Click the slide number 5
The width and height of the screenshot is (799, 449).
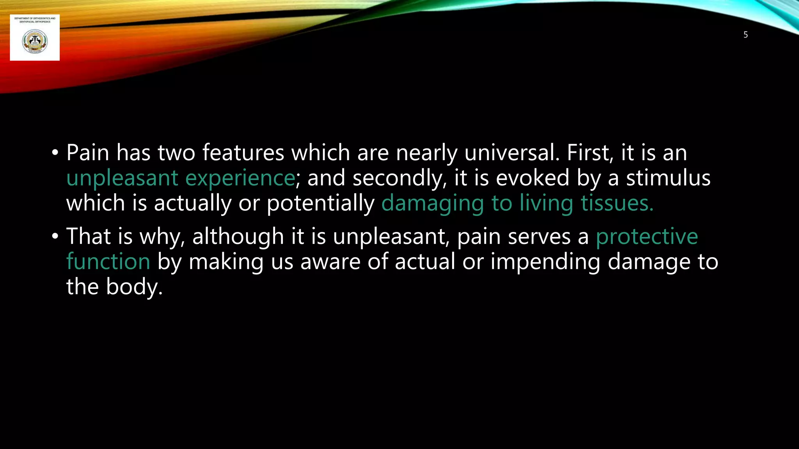coord(746,35)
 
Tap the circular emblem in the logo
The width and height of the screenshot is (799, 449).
coord(35,42)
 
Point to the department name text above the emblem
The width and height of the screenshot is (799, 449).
coord(35,20)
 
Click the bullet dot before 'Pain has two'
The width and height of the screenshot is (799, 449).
coord(55,153)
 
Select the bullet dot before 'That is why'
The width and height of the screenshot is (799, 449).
coord(55,236)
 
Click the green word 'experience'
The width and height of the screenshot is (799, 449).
coord(240,178)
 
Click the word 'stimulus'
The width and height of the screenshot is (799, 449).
coord(668,178)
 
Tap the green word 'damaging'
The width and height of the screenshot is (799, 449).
coord(433,203)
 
